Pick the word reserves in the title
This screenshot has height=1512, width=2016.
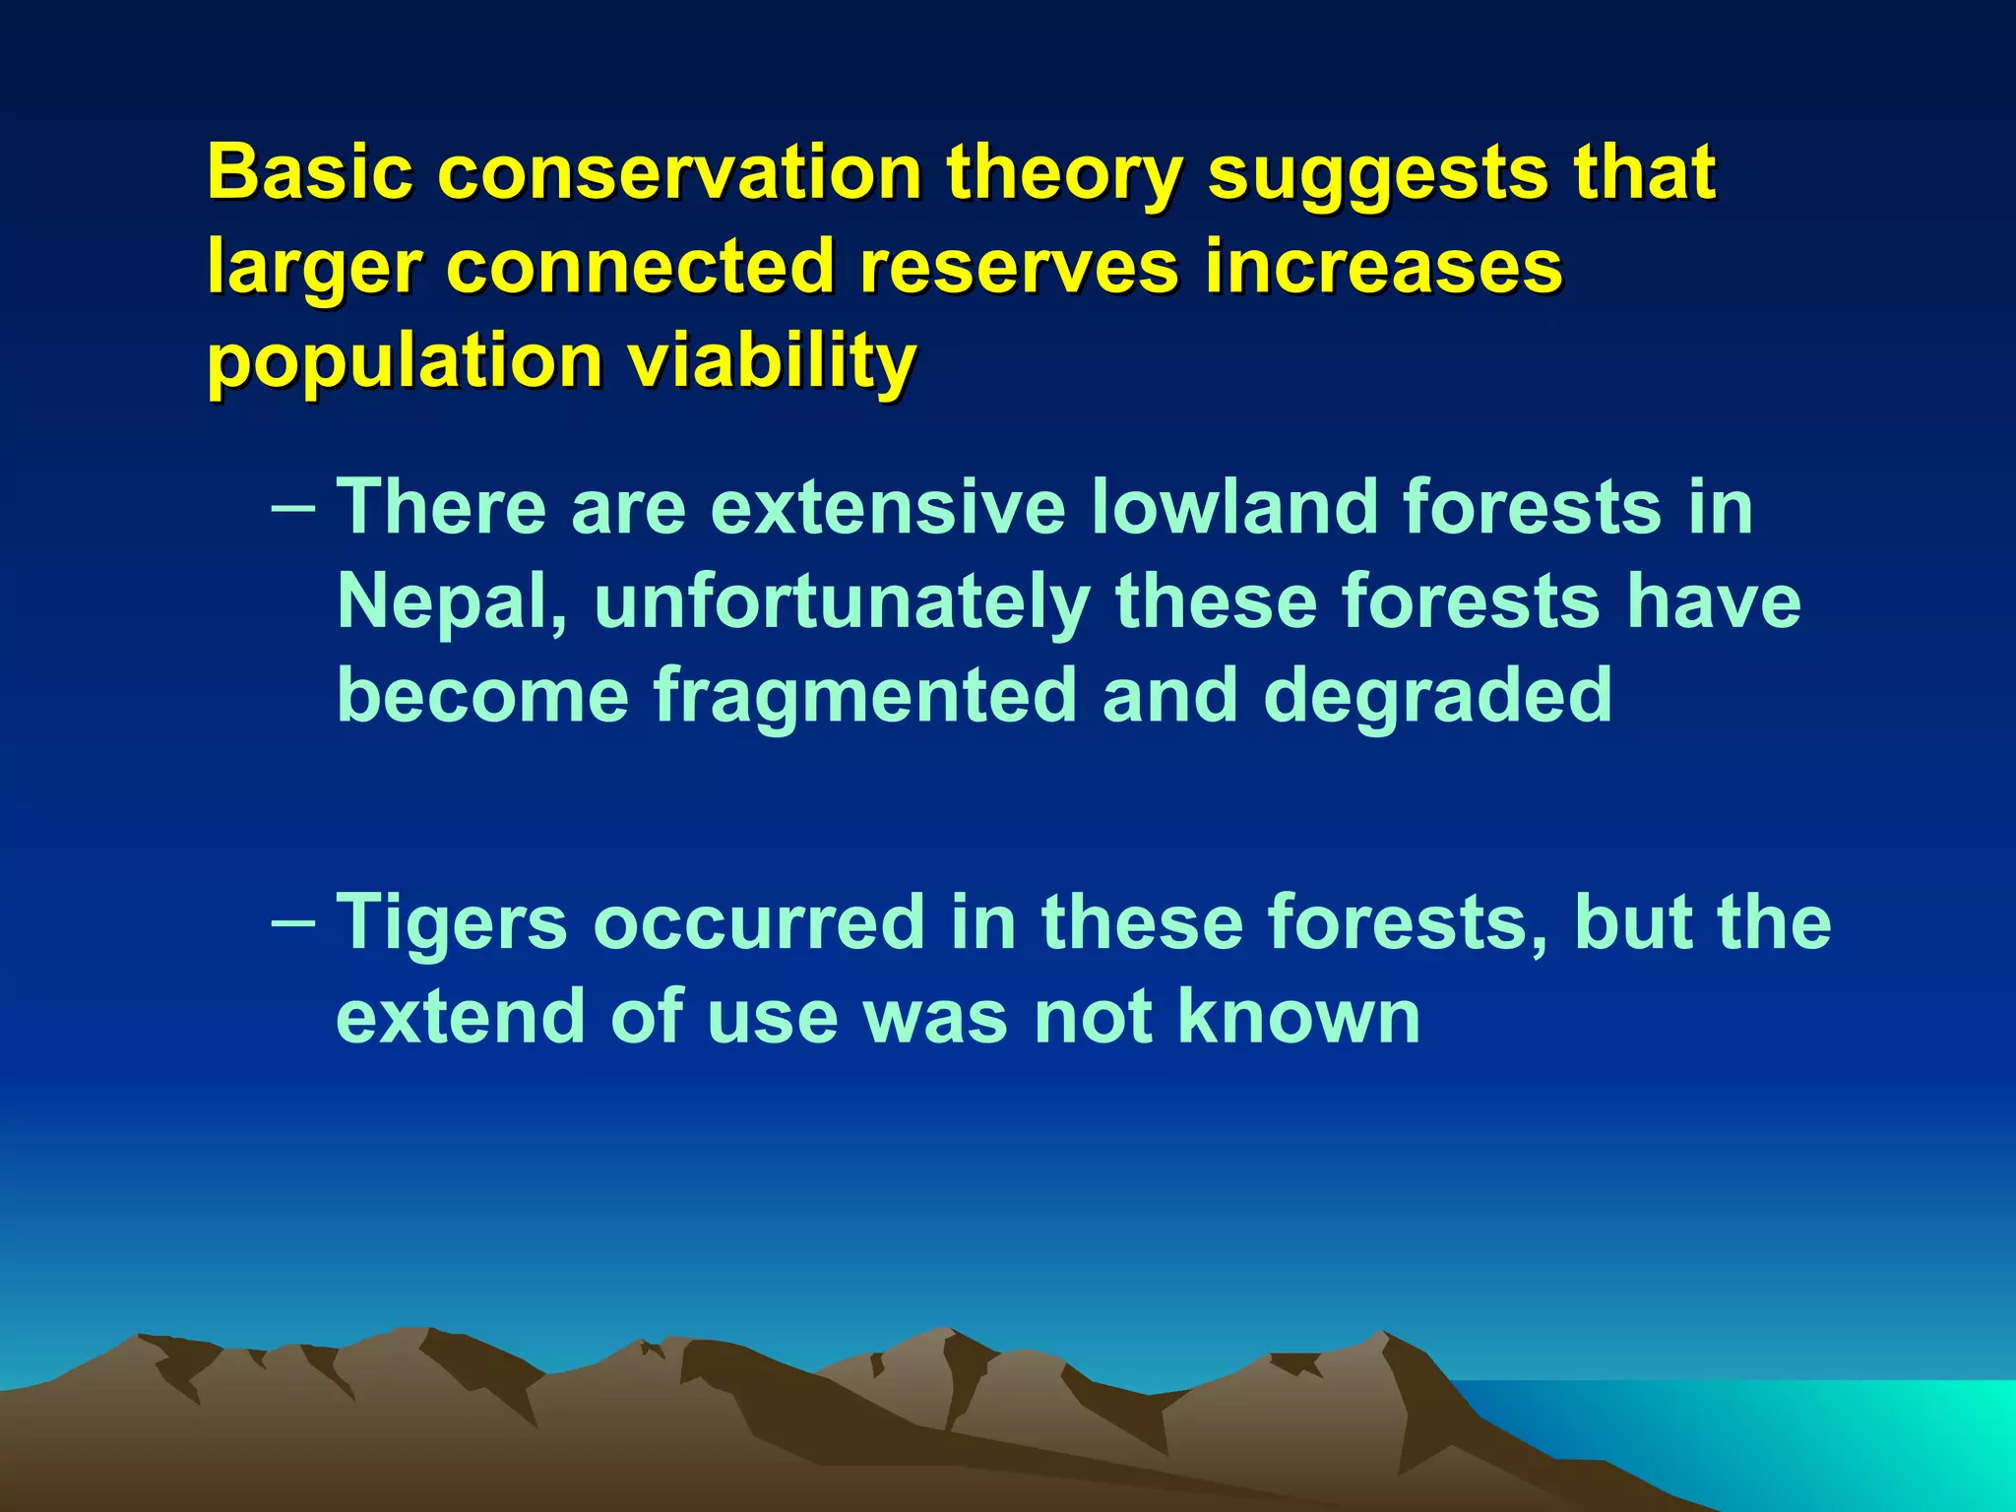tap(1018, 266)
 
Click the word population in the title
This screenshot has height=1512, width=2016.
tap(405, 362)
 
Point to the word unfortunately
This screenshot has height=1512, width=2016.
tap(842, 602)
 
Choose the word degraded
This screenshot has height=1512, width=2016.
tap(1438, 695)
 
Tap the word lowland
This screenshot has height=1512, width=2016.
tap(1235, 507)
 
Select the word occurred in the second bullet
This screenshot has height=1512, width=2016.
tap(758, 923)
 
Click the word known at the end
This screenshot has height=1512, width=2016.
tap(1299, 1016)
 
